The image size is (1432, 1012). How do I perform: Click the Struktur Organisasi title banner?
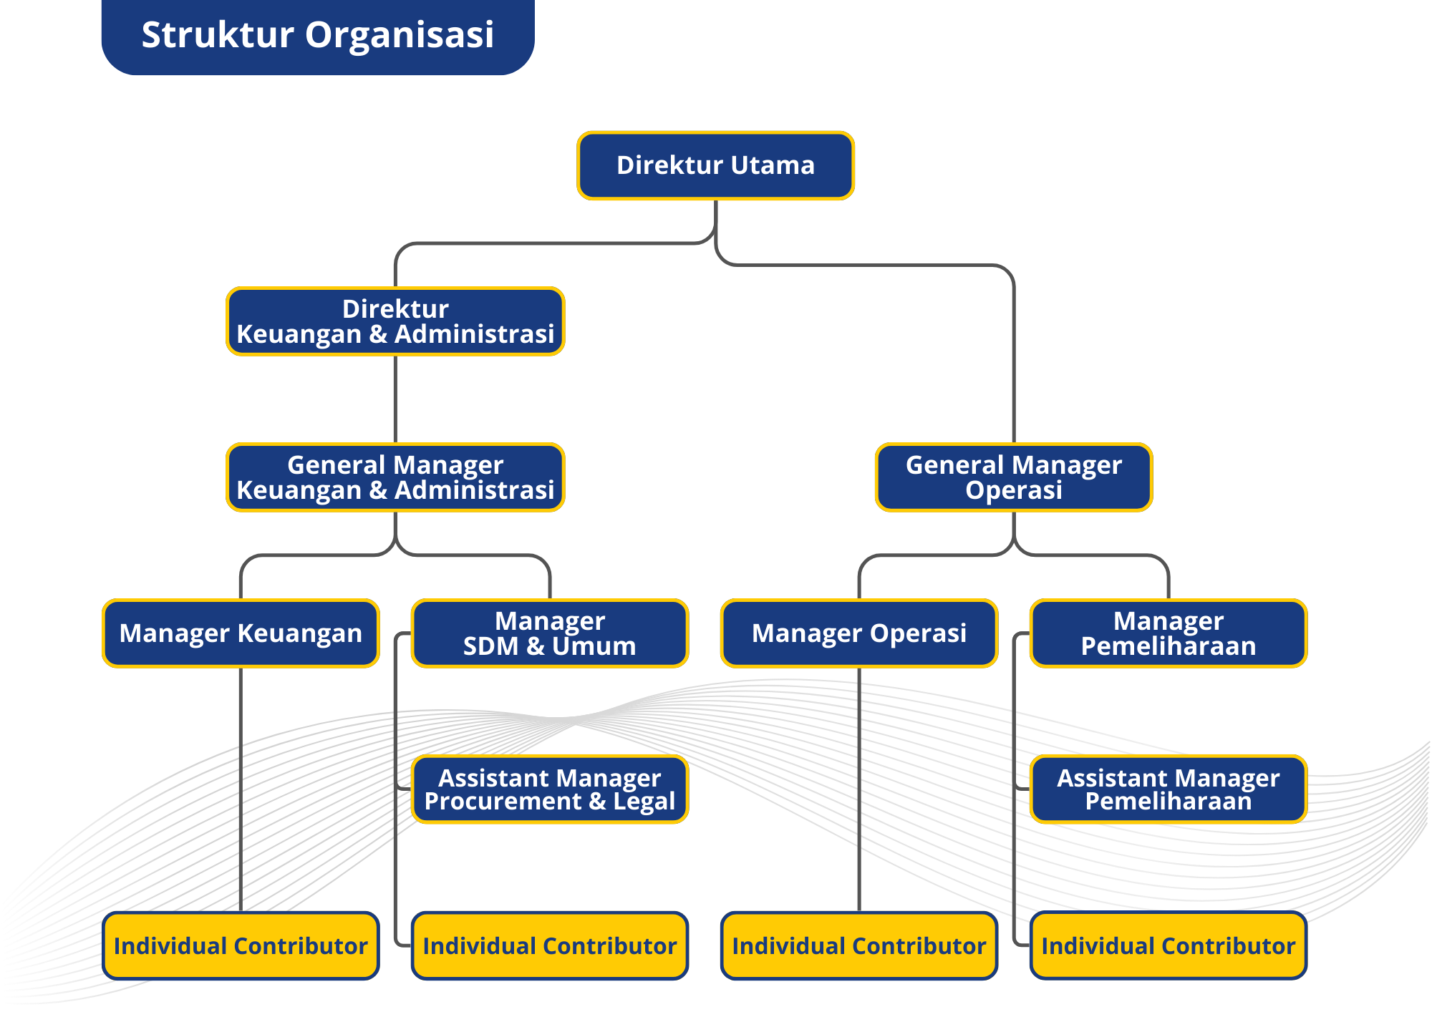click(318, 36)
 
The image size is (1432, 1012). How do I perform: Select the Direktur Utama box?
click(715, 165)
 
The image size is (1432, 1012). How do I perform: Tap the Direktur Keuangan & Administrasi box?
click(395, 321)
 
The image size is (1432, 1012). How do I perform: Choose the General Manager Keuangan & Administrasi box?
click(395, 477)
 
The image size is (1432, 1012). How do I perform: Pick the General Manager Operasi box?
click(1013, 477)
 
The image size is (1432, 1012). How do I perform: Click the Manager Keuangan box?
click(241, 633)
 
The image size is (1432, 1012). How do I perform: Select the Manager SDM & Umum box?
click(550, 633)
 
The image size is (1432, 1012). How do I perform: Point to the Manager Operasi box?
click(858, 633)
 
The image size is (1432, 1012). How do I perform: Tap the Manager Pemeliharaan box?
click(1168, 633)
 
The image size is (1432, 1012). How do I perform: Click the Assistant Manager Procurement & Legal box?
click(550, 789)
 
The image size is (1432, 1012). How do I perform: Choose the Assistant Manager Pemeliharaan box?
click(1168, 789)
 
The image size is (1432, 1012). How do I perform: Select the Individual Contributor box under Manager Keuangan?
click(241, 945)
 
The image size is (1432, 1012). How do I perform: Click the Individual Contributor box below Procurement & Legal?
click(550, 945)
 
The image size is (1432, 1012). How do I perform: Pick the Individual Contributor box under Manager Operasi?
click(858, 945)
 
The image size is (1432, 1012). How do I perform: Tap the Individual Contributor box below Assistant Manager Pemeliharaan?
click(1168, 945)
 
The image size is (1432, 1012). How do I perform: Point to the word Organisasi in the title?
click(400, 36)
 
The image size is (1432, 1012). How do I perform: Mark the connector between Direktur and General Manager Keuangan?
click(395, 399)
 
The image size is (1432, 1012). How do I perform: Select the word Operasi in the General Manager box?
click(1013, 490)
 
